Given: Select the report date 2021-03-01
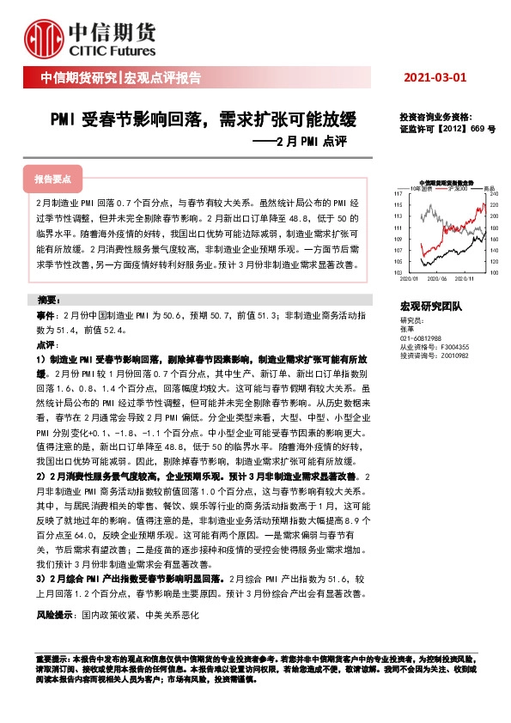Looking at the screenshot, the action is (435, 77).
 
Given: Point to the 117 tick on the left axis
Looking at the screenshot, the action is (398, 195).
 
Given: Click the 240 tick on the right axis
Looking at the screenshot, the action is (493, 195).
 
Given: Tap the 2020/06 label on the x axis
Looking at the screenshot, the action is (437, 277).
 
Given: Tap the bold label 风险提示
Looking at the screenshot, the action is (58, 616).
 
